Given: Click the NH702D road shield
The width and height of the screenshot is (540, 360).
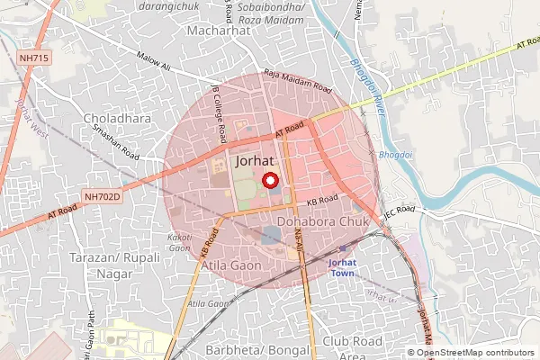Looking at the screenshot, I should tap(101, 194).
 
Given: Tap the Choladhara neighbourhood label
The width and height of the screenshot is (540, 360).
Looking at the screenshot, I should tap(117, 118).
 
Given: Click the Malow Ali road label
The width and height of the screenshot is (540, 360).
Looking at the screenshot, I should tap(154, 59).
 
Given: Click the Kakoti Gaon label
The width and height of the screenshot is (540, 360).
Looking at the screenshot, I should tap(179, 240).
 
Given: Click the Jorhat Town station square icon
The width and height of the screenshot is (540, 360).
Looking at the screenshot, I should tap(342, 248).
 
